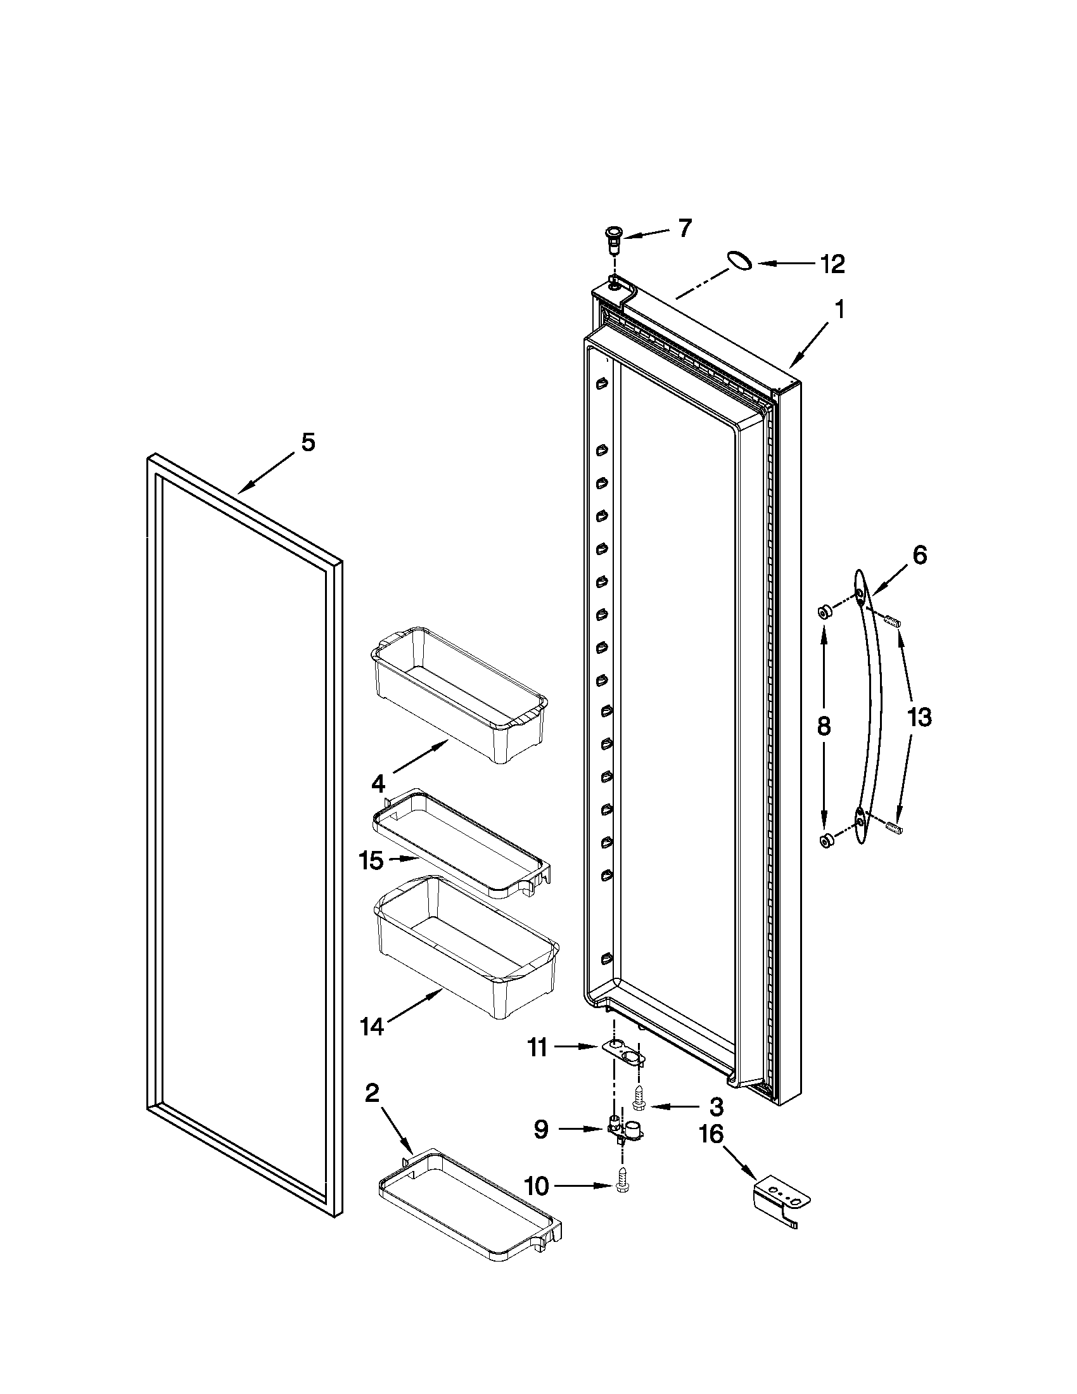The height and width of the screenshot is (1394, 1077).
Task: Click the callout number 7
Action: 684,228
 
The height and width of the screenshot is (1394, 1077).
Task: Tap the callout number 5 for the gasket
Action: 308,442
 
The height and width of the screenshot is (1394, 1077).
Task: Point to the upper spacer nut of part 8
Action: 824,613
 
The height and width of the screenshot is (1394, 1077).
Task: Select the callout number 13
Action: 919,717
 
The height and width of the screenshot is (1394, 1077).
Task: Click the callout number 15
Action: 371,860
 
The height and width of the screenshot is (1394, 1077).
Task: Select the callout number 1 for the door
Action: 839,310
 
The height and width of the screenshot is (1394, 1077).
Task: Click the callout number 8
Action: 824,726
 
